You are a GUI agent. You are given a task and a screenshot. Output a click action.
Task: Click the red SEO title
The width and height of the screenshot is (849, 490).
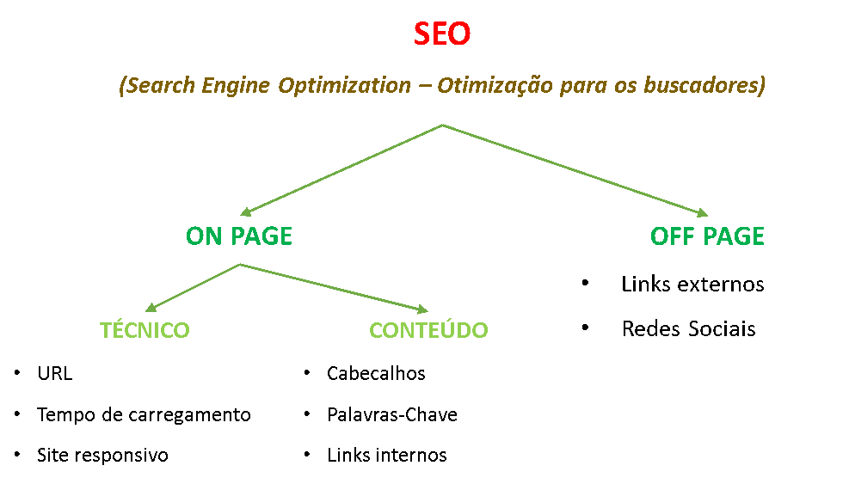442,34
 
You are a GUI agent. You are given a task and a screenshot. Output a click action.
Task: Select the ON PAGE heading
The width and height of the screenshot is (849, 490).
239,236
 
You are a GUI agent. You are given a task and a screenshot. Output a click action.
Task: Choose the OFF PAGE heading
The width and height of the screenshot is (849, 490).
707,236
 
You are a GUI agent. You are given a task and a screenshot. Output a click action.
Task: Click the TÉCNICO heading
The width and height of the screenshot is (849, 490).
145,329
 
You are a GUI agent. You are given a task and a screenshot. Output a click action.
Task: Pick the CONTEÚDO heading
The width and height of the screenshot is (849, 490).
428,329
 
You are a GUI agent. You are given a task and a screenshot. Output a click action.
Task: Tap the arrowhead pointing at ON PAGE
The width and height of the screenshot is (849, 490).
246,212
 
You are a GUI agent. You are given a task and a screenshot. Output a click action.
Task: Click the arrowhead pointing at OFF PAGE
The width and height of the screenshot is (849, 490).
702,213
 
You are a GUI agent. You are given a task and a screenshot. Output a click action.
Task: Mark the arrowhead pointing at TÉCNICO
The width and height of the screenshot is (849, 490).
151,308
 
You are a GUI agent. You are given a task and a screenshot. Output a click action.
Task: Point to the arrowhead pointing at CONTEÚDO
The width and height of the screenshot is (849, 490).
423,309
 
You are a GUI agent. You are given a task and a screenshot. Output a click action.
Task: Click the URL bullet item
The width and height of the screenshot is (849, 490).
55,373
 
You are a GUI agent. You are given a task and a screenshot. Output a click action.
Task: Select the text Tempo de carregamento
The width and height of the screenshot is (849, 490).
144,415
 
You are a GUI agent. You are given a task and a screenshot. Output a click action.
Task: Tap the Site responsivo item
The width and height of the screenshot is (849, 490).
102,455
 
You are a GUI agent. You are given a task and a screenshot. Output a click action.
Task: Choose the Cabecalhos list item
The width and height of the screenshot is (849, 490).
376,373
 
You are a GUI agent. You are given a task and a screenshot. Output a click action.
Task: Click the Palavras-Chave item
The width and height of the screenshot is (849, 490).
392,414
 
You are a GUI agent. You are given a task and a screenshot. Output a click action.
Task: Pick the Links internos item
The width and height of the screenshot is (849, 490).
386,455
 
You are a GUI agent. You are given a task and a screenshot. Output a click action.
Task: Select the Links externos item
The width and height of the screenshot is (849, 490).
692,284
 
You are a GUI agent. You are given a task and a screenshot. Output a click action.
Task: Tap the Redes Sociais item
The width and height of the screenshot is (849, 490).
688,328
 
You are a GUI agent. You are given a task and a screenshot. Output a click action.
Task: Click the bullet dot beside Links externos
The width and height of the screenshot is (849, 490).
585,283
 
